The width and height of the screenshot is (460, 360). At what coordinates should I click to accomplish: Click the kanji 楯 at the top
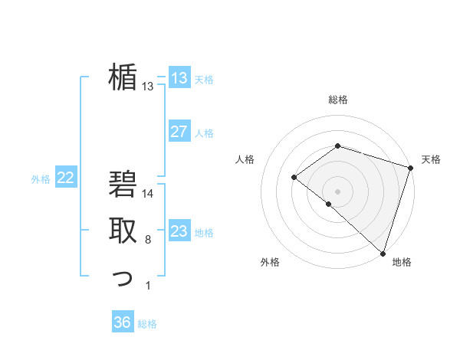[123, 77]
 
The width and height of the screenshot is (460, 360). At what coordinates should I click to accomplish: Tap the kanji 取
[123, 231]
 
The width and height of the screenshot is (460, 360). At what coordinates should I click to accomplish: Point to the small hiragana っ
[123, 279]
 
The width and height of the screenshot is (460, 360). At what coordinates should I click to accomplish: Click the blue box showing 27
[179, 132]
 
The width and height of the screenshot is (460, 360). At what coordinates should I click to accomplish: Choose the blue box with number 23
[179, 231]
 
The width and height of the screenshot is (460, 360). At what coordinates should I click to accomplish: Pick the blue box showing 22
[65, 178]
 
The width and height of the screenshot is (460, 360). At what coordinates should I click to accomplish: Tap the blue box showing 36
[122, 322]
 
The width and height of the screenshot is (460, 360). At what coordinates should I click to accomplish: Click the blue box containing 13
[179, 77]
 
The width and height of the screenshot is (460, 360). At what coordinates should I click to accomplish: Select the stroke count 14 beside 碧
[148, 194]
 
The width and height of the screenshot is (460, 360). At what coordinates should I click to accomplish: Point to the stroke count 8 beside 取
[148, 241]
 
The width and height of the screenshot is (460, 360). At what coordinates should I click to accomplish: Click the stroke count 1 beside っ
[148, 286]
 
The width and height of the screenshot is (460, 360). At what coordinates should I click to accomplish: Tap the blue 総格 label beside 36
[147, 324]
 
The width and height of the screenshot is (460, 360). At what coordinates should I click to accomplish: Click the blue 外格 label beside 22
[41, 179]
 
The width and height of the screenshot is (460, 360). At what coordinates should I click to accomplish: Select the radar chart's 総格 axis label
[338, 100]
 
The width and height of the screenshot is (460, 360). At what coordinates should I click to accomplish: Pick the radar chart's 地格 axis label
[402, 262]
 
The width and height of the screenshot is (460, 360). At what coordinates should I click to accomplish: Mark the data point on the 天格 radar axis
[410, 168]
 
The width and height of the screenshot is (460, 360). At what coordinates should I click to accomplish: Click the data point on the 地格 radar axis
[382, 252]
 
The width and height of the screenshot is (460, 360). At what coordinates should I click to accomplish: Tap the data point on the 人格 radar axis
[294, 177]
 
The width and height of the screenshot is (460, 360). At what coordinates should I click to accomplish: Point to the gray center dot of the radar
[337, 191]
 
